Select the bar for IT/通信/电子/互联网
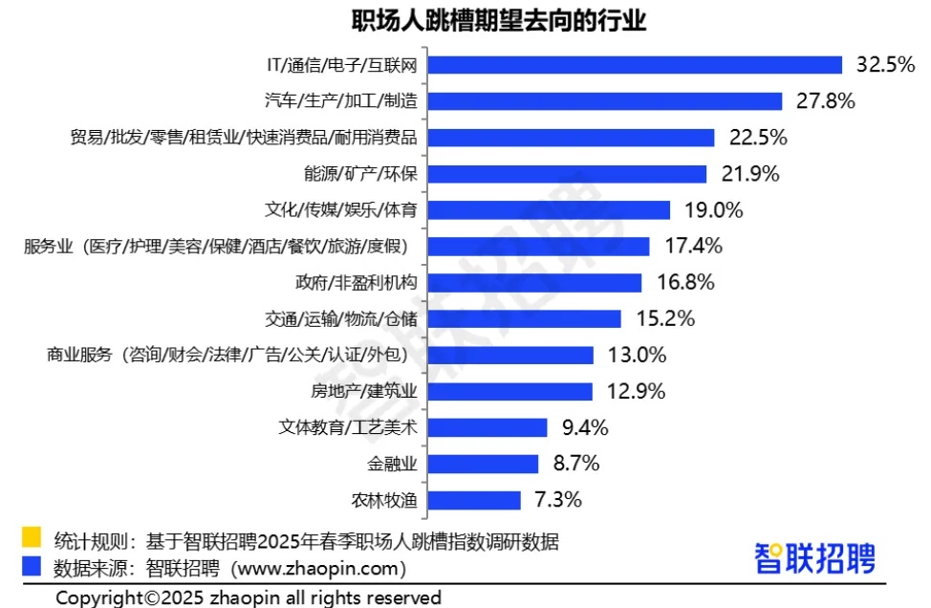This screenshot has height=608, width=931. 635,65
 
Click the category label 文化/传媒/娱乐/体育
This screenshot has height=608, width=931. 341,210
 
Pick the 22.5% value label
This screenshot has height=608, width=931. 758,138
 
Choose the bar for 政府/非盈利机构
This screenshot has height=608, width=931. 534,283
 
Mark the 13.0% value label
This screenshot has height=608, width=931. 637,356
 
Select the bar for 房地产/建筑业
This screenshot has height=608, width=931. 510,392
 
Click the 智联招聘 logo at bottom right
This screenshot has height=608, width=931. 814,558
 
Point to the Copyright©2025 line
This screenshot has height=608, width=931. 249,597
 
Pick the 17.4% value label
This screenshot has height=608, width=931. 693,247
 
